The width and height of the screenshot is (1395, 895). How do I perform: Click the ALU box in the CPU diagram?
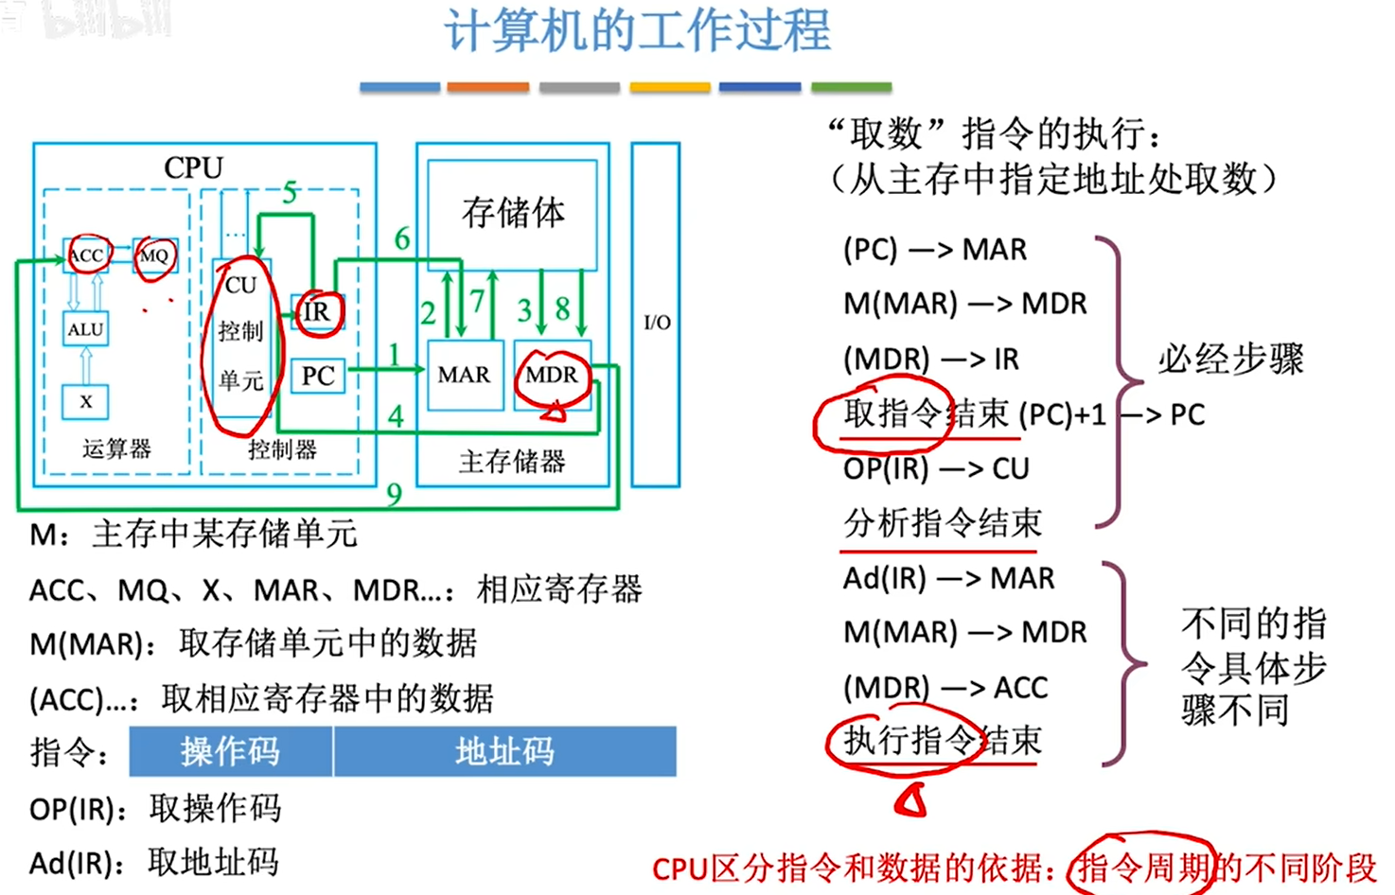click(85, 329)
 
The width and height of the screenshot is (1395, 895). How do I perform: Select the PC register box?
click(318, 376)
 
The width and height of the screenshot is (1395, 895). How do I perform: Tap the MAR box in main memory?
click(465, 375)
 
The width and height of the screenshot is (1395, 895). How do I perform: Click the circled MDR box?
click(552, 375)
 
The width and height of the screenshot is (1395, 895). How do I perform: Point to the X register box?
click(85, 401)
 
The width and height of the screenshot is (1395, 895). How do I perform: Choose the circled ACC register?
click(86, 254)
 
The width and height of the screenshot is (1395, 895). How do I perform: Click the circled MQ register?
click(154, 254)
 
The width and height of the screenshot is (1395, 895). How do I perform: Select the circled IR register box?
click(317, 311)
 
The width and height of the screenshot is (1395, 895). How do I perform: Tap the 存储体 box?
click(513, 213)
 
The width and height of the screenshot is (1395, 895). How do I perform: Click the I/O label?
click(657, 323)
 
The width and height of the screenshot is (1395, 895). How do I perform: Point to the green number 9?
click(395, 493)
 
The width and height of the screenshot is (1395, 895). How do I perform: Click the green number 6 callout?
click(402, 239)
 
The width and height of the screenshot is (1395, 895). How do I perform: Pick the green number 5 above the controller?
click(290, 193)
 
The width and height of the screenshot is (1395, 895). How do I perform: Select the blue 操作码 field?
click(231, 751)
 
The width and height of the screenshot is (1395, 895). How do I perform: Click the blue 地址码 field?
click(504, 751)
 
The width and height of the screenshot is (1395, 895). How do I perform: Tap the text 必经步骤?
click(1230, 360)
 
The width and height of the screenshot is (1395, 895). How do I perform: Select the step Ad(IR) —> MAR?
click(948, 578)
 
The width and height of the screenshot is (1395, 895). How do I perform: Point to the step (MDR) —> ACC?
click(945, 688)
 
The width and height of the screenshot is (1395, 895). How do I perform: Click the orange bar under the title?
click(488, 87)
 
